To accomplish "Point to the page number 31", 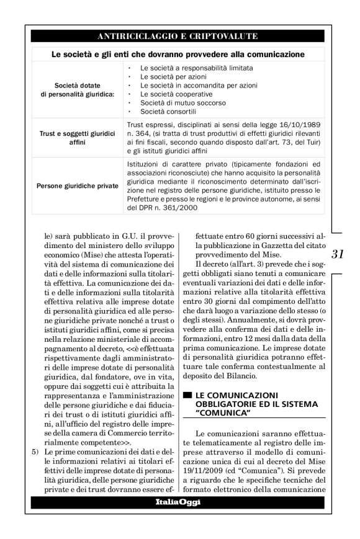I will pos(338,253).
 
